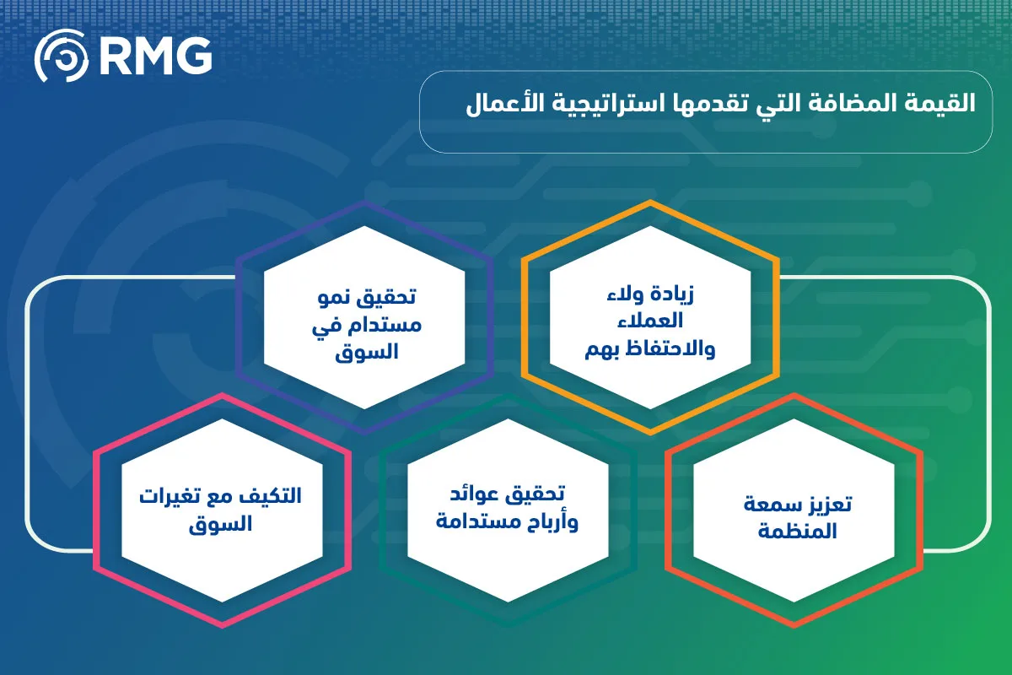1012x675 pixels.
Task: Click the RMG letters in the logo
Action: coord(156,56)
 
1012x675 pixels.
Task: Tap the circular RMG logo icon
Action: coord(62,56)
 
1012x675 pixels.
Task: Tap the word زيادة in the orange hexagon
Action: coord(672,294)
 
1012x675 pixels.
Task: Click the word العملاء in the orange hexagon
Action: coord(649,321)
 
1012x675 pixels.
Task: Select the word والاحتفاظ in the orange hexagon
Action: coord(671,349)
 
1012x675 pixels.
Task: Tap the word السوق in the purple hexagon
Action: coord(367,352)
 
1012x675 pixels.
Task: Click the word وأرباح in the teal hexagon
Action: coord(552,522)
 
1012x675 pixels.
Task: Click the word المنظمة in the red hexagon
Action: coord(798,531)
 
